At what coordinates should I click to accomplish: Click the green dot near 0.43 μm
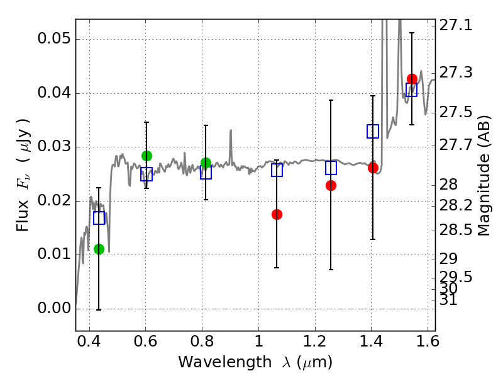99,249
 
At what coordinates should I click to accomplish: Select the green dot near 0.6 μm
146,156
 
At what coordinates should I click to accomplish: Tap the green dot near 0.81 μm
206,163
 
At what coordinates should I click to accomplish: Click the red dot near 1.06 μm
277,214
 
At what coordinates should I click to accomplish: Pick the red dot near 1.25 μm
331,185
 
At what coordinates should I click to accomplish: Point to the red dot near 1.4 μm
373,168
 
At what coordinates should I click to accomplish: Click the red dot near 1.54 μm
412,79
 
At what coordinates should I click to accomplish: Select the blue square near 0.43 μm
99,218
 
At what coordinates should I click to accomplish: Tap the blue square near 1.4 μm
373,132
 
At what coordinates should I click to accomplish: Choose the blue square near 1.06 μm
277,170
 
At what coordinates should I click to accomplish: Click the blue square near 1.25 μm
331,168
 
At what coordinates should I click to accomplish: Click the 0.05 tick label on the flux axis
54,38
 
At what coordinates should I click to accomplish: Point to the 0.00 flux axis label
54,308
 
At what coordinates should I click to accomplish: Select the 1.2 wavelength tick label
315,341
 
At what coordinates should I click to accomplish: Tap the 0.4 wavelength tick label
89,341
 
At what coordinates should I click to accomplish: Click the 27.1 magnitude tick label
455,25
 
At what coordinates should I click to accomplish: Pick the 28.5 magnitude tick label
455,230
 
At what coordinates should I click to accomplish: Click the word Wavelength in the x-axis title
225,362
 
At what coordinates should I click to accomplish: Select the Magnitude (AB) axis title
484,176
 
